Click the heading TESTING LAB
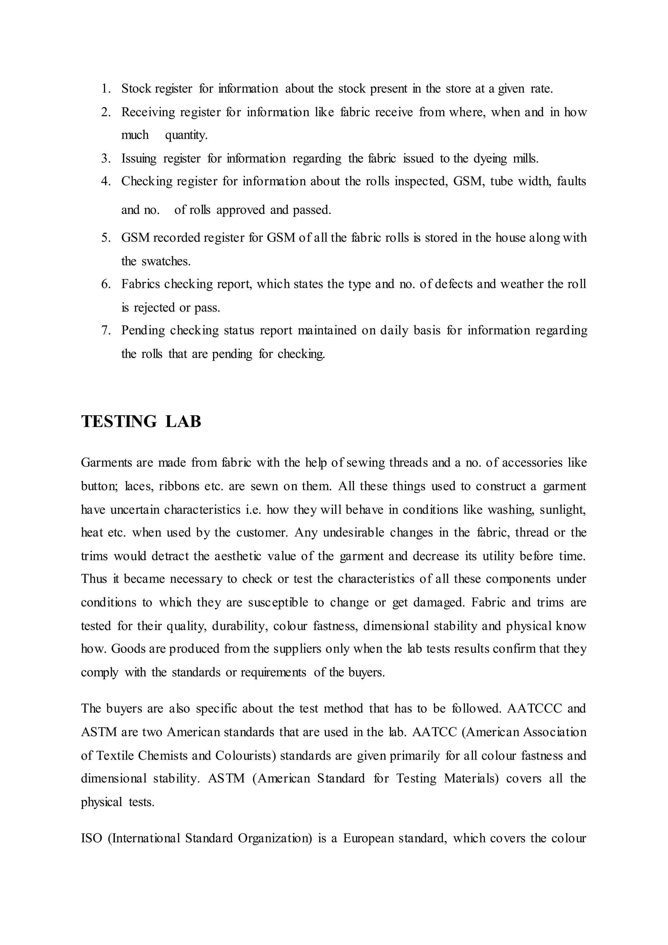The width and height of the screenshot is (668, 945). click(x=141, y=422)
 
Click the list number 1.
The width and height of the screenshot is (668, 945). click(x=106, y=88)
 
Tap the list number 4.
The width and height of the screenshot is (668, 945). click(x=106, y=181)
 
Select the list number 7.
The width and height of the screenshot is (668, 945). click(x=106, y=330)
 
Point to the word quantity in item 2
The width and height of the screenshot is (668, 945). click(x=186, y=135)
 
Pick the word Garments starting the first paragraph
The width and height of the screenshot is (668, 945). click(x=105, y=463)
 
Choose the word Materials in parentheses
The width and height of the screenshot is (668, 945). click(x=471, y=778)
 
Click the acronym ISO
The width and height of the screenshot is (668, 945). click(x=91, y=838)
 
